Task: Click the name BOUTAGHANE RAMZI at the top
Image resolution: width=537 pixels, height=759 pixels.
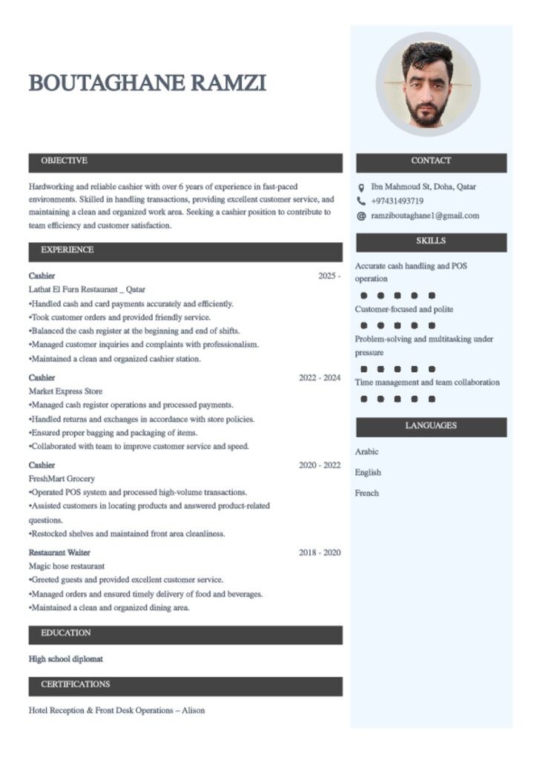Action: (x=147, y=83)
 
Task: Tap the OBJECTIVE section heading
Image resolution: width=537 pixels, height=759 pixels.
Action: (x=64, y=161)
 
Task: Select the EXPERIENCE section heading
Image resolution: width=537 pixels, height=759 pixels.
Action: (x=67, y=250)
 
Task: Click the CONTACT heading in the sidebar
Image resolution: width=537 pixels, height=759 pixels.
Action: (x=431, y=161)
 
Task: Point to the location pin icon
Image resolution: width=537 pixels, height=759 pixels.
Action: (x=361, y=188)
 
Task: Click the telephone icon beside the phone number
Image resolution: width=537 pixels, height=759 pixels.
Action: (x=361, y=201)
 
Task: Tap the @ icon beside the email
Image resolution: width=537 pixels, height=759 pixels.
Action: (x=361, y=216)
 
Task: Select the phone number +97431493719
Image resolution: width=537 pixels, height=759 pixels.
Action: (x=397, y=201)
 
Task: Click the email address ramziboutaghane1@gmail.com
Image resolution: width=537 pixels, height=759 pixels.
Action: (x=425, y=216)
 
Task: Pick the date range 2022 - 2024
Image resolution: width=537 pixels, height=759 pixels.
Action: (x=320, y=378)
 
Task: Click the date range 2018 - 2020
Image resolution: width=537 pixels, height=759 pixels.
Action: (x=320, y=553)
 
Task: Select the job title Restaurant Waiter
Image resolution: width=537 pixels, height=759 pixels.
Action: (x=59, y=553)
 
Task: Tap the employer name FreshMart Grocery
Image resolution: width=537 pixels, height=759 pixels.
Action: (x=62, y=479)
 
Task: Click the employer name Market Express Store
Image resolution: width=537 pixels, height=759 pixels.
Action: (x=65, y=391)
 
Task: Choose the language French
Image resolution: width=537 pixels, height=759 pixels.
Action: (x=366, y=493)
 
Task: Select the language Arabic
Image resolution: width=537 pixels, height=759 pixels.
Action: (x=366, y=451)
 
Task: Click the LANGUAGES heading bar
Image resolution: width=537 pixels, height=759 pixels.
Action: (x=431, y=426)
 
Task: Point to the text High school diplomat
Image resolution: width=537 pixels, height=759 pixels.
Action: (x=66, y=659)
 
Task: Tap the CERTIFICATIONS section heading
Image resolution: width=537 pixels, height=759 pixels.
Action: (x=75, y=685)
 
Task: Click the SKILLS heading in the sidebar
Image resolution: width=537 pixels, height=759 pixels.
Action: (x=431, y=242)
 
